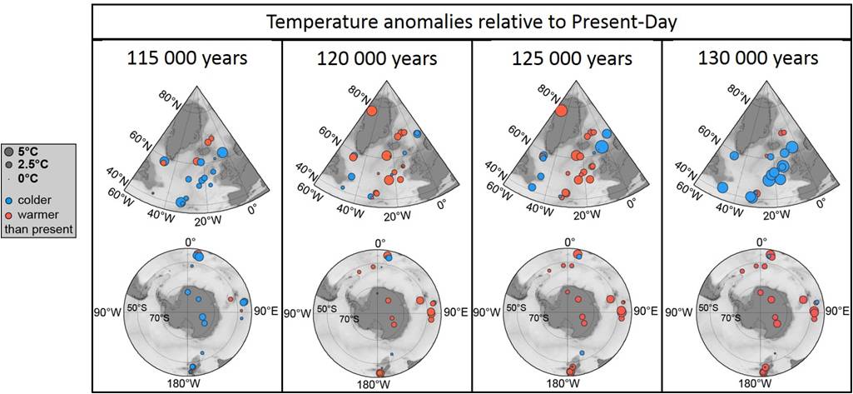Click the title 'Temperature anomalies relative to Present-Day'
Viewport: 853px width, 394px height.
pyautogui.click(x=471, y=22)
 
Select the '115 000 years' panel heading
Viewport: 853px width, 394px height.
pyautogui.click(x=187, y=59)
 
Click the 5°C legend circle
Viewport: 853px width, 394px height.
pyautogui.click(x=10, y=152)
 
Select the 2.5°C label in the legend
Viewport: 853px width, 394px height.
pyautogui.click(x=37, y=165)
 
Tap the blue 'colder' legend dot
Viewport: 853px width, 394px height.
pyautogui.click(x=10, y=201)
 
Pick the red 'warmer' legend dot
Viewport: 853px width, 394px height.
pyautogui.click(x=10, y=215)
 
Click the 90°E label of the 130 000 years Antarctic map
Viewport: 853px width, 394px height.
pyautogui.click(x=834, y=312)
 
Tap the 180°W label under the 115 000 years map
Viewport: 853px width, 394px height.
pyautogui.click(x=183, y=384)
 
